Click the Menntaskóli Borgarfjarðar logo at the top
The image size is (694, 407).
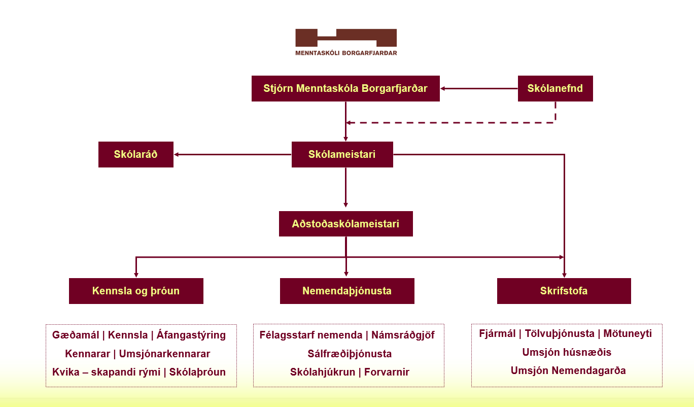pos(346,42)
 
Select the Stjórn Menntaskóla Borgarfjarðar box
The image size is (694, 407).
pos(345,89)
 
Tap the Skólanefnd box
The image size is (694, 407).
pos(555,89)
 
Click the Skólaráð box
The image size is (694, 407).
pos(135,154)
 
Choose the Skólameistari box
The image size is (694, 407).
pos(342,154)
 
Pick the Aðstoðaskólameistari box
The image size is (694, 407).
pos(345,224)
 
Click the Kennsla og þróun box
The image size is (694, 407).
pos(136,291)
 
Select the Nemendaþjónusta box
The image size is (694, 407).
pos(347,291)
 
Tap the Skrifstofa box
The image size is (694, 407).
pos(564,291)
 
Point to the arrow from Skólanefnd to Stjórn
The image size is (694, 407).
pos(479,89)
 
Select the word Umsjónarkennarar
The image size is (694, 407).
pos(164,354)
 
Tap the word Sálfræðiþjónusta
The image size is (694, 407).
pos(350,354)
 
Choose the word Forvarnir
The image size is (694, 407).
pos(388,372)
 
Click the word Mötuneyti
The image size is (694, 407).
pos(628,334)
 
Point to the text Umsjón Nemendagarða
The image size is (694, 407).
pos(568,370)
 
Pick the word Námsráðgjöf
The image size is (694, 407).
pos(403,335)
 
